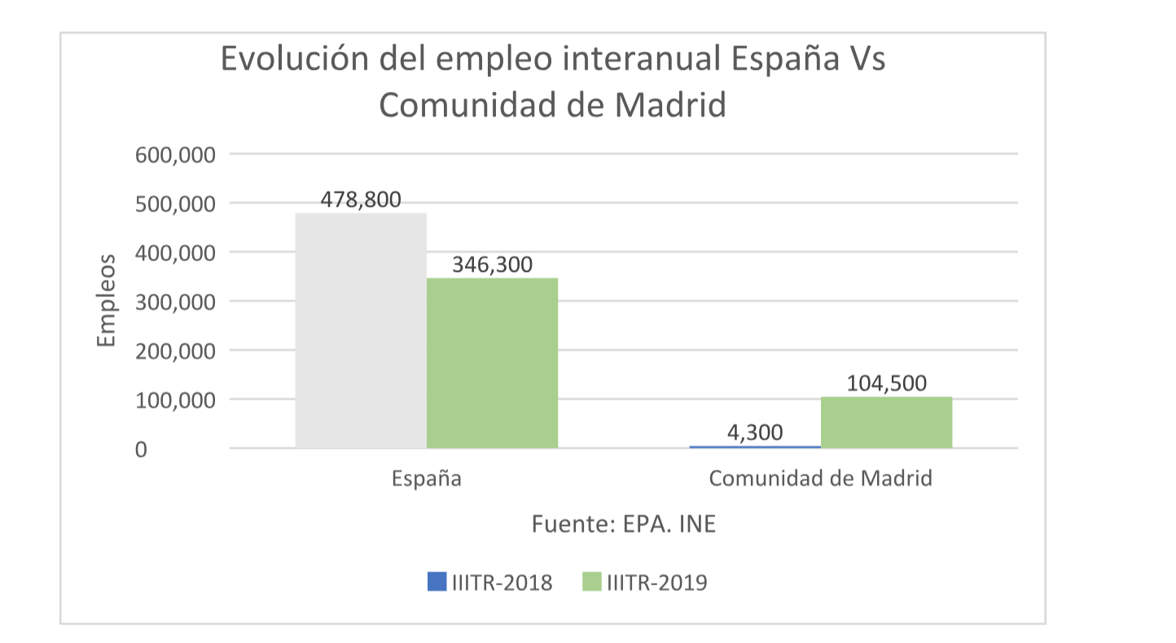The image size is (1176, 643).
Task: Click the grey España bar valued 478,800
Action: [x=361, y=330]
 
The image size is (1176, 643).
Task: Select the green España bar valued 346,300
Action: [x=492, y=362]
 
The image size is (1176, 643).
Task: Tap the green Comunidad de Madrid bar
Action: [x=886, y=422]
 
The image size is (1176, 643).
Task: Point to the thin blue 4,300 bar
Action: [x=755, y=446]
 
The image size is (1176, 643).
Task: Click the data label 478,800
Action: [x=361, y=199]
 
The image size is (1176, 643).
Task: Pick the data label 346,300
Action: [x=492, y=265]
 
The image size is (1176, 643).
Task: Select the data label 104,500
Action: [x=886, y=383]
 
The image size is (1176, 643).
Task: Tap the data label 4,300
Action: [x=755, y=432]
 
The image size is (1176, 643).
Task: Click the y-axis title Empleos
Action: [x=107, y=300]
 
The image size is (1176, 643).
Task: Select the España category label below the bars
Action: [x=427, y=478]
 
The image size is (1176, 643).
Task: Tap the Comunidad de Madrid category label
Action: [x=820, y=478]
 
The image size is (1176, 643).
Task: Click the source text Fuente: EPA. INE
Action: [x=624, y=523]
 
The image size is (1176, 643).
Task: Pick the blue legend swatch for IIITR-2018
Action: [x=437, y=582]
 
